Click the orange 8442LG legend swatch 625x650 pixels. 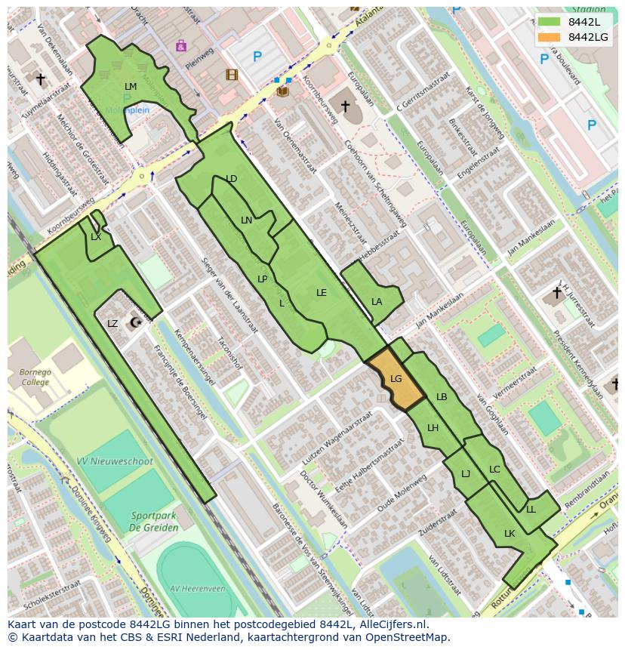(550, 37)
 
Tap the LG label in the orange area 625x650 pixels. (396, 379)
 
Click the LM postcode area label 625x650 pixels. (131, 87)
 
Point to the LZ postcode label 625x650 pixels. (112, 324)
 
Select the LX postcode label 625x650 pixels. (96, 237)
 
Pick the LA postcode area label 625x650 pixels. (377, 302)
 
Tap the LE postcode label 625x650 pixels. (322, 293)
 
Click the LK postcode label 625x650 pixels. (510, 534)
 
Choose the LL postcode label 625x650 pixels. (531, 510)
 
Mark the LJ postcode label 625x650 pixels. (466, 474)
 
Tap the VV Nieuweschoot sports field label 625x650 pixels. (114, 461)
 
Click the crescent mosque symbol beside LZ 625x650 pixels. (135, 323)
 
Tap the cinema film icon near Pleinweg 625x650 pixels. (232, 75)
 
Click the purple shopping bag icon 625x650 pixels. (181, 46)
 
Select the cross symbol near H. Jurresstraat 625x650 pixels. (557, 293)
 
